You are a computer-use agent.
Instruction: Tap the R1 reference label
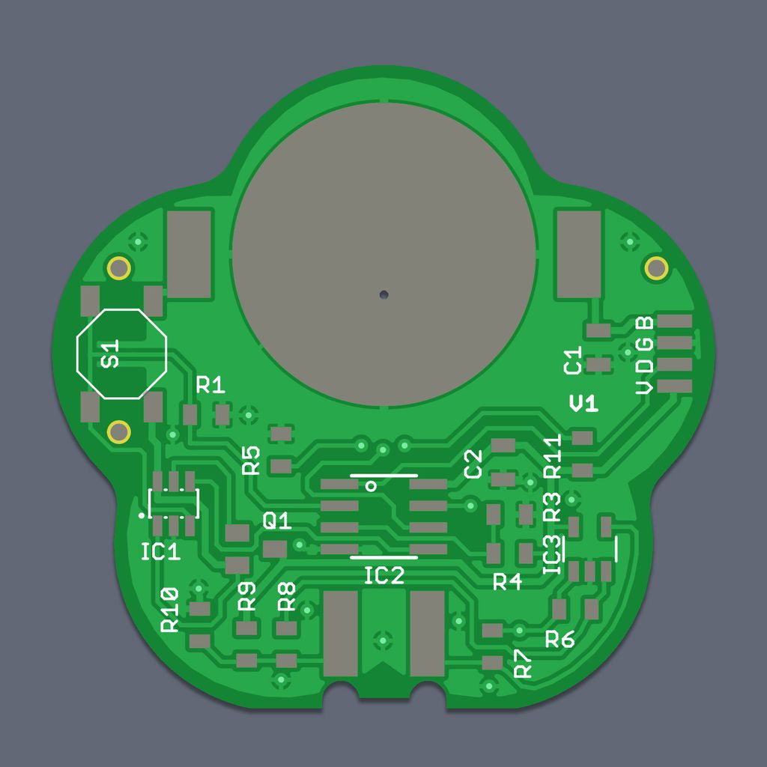pos(210,386)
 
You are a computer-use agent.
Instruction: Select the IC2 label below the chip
pos(384,576)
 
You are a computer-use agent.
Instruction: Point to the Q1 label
pos(277,521)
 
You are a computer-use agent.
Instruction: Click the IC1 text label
pos(160,552)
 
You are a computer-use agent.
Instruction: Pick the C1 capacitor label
pos(573,360)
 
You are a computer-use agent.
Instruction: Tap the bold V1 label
pos(584,404)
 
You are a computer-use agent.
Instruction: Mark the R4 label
pos(507,582)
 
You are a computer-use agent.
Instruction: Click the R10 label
pos(170,610)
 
